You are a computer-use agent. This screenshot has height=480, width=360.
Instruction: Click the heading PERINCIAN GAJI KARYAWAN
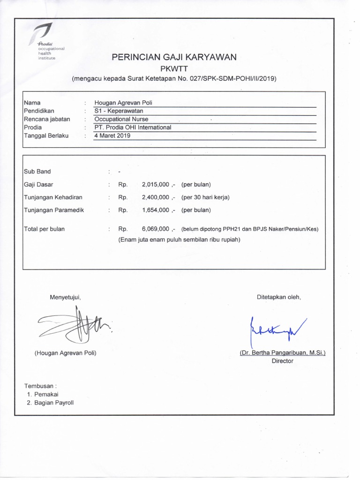pyautogui.click(x=174, y=58)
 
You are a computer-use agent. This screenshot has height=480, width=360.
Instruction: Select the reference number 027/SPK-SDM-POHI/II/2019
pyautogui.click(x=233, y=79)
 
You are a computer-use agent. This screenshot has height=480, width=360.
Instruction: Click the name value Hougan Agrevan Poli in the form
pyautogui.click(x=123, y=103)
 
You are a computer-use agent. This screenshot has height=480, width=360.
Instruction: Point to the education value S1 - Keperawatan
pyautogui.click(x=119, y=111)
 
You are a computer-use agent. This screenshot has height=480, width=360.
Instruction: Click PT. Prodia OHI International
pyautogui.click(x=133, y=127)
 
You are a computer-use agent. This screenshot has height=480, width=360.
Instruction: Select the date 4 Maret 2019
pyautogui.click(x=112, y=136)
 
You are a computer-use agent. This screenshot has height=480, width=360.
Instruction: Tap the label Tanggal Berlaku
pyautogui.click(x=46, y=136)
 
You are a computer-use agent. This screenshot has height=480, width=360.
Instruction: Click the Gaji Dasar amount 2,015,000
pyautogui.click(x=155, y=185)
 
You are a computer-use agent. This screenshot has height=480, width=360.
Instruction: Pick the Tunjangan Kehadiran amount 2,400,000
pyautogui.click(x=155, y=197)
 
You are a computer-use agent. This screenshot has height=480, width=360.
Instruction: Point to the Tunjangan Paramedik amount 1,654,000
pyautogui.click(x=155, y=210)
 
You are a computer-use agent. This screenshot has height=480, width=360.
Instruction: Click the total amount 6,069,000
pyautogui.click(x=155, y=229)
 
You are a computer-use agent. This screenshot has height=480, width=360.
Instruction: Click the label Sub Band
pyautogui.click(x=37, y=172)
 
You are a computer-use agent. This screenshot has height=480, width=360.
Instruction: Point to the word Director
pyautogui.click(x=282, y=361)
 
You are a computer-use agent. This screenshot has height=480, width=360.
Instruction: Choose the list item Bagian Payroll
pyautogui.click(x=53, y=403)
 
